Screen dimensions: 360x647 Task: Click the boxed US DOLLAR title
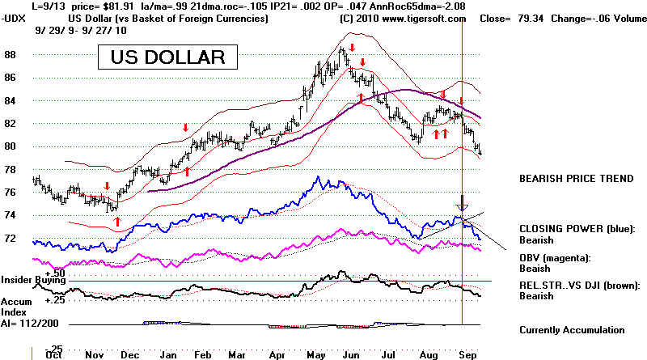tap(168, 58)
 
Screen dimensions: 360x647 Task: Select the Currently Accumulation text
tap(572, 330)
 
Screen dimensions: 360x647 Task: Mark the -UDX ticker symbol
tap(14, 17)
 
